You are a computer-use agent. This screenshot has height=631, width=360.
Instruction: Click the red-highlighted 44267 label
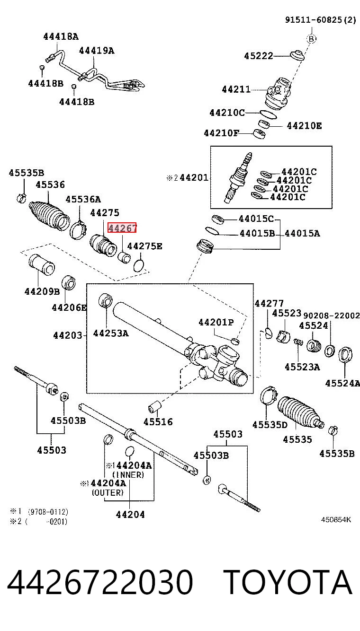pyautogui.click(x=122, y=228)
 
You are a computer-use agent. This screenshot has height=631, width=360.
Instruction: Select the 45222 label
pyautogui.click(x=259, y=56)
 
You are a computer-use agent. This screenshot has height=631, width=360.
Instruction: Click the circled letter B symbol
pyautogui.click(x=312, y=39)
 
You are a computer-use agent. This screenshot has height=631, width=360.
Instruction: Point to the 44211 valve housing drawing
pyautogui.click(x=278, y=94)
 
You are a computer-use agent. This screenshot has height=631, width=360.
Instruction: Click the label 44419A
pyautogui.click(x=97, y=51)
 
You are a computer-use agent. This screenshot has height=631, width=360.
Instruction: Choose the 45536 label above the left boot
pyautogui.click(x=50, y=185)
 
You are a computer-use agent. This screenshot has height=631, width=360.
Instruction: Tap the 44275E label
pyautogui.click(x=145, y=246)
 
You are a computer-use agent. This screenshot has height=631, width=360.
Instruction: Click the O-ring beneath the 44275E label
pyautogui.click(x=138, y=266)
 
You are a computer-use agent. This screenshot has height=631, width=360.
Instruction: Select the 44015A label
pyautogui.click(x=302, y=233)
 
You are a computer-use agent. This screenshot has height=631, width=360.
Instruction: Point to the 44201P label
pyautogui.click(x=216, y=322)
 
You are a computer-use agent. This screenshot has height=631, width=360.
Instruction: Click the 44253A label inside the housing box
pyautogui.click(x=110, y=333)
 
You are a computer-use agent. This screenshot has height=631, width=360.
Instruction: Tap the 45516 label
pyautogui.click(x=158, y=422)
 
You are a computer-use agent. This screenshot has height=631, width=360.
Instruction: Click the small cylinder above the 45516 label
pyautogui.click(x=154, y=407)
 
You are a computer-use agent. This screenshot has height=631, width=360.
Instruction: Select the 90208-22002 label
pyautogui.click(x=331, y=315)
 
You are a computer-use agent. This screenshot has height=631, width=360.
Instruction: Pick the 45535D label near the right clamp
pyautogui.click(x=270, y=424)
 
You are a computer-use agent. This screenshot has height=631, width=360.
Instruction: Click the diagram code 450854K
pyautogui.click(x=336, y=520)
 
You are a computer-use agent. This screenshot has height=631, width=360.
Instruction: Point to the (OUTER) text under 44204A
pyautogui.click(x=108, y=493)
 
